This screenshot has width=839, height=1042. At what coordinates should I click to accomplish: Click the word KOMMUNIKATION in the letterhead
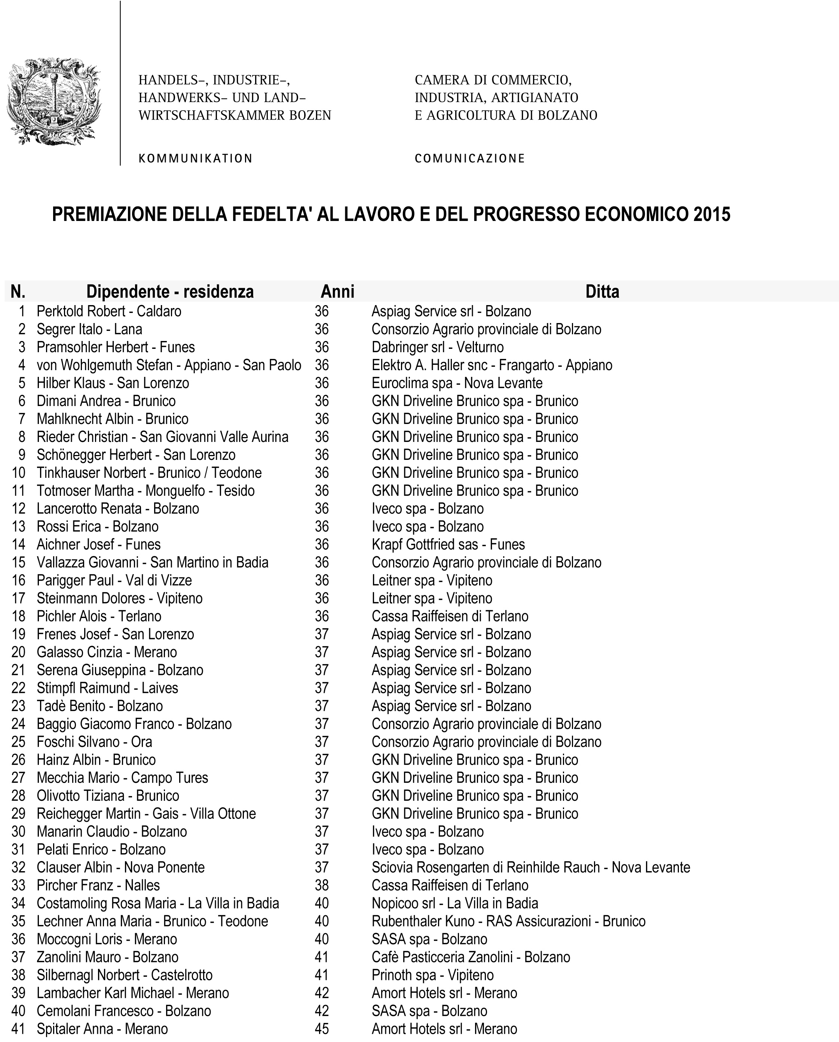[x=195, y=159]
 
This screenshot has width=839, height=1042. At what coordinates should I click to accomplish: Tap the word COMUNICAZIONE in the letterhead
[x=469, y=159]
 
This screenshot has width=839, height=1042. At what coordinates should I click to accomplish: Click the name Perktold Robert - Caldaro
[x=109, y=311]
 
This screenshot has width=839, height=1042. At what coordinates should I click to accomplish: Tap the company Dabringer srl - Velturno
[x=438, y=347]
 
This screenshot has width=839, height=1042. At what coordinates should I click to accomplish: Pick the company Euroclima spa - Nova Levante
[x=457, y=383]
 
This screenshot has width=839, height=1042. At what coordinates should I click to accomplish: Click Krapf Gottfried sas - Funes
[x=448, y=544]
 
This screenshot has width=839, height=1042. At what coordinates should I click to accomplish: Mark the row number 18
[x=18, y=616]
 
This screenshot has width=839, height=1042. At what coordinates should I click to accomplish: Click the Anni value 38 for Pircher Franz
[x=322, y=885]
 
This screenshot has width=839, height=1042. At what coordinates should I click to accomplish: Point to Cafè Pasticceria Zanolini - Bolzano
[x=471, y=957]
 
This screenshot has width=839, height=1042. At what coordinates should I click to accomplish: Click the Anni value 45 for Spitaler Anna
[x=322, y=1029]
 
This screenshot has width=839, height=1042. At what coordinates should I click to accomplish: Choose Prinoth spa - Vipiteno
[x=432, y=975]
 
